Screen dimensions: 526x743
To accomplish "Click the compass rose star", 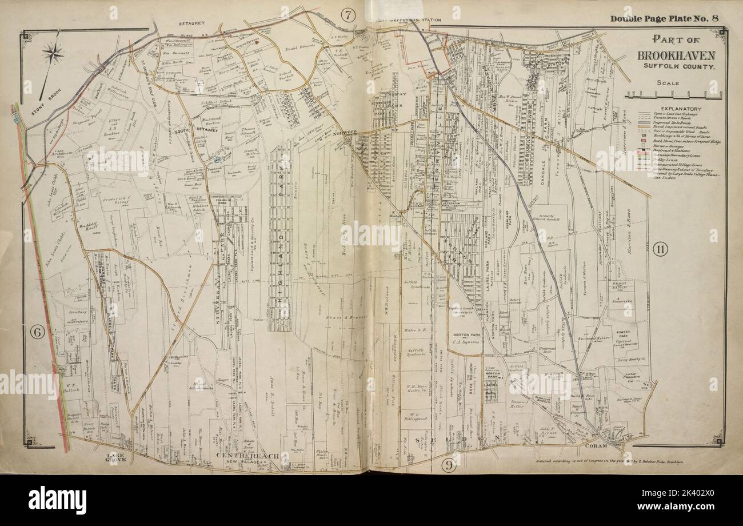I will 53,54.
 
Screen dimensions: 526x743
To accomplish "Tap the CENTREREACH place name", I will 247,455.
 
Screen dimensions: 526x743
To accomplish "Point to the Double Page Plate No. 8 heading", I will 664,18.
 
